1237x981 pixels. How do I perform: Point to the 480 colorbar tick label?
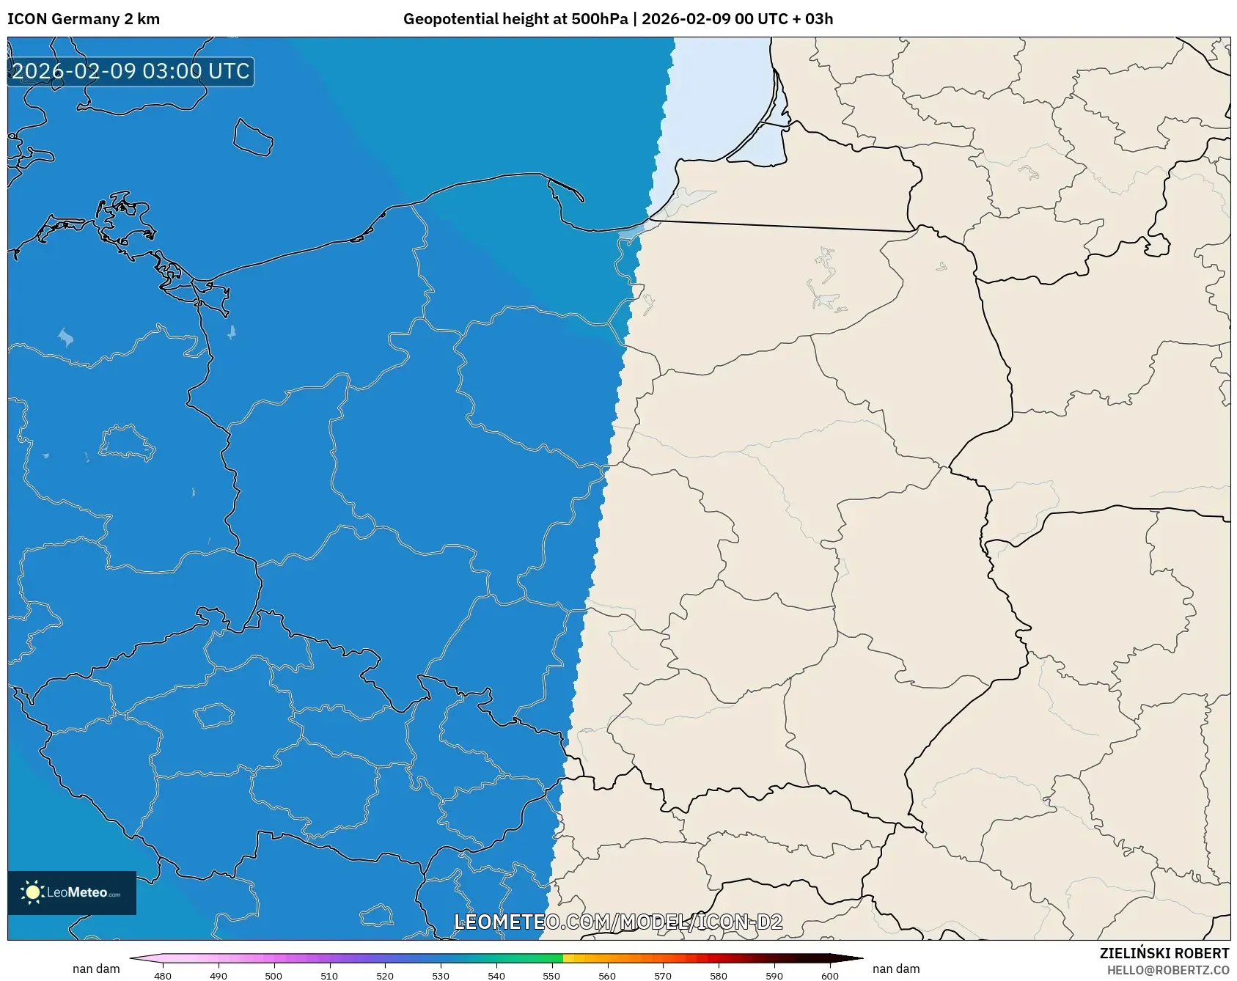pos(163,976)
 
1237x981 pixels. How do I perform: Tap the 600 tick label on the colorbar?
pos(830,976)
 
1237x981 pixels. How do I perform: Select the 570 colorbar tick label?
pos(663,976)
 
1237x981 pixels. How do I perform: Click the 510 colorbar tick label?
pos(329,976)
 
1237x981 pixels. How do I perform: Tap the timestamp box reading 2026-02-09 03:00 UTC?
pos(131,72)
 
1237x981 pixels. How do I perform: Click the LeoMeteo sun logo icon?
pos(32,892)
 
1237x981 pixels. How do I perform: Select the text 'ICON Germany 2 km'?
pos(84,19)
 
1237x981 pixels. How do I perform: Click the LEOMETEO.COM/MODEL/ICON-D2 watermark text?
pos(618,922)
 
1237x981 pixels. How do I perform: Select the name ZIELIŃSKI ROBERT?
pos(1164,953)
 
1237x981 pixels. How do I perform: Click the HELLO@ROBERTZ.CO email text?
pos(1167,970)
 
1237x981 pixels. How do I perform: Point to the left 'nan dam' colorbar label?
pos(96,969)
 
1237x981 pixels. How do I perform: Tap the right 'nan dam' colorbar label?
pos(896,969)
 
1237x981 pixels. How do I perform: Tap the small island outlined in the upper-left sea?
pos(253,138)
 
